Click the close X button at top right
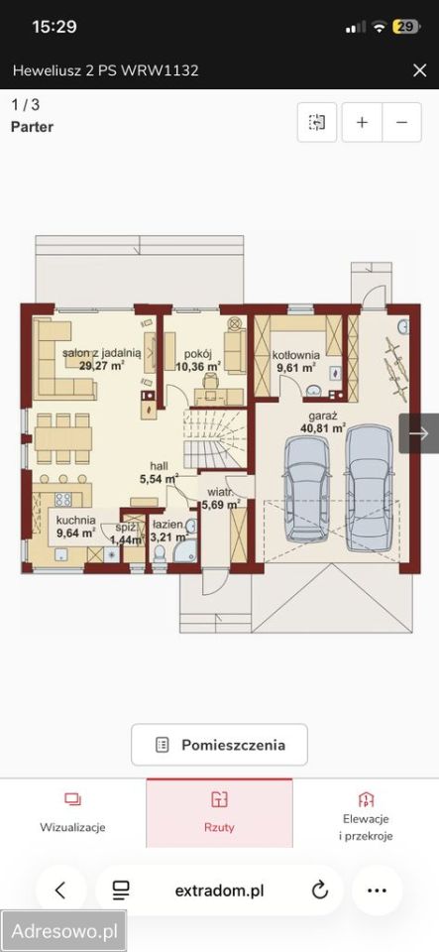coord(419,70)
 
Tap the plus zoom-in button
coord(362,122)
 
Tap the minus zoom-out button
coord(401,122)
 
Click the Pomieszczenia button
coord(220,745)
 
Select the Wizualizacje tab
coord(72,813)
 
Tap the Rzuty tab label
coord(220,827)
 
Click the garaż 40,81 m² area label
coord(323,421)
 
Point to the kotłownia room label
coord(295,355)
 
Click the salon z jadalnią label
coord(102,352)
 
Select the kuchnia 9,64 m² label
coord(75,527)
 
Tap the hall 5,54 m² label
coord(160,472)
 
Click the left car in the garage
coord(307,488)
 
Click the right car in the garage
coord(370,488)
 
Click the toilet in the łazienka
coord(161,553)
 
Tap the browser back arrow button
coord(60,891)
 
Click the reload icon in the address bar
coord(319,891)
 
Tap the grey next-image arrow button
coord(419,433)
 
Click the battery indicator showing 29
coord(405,27)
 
